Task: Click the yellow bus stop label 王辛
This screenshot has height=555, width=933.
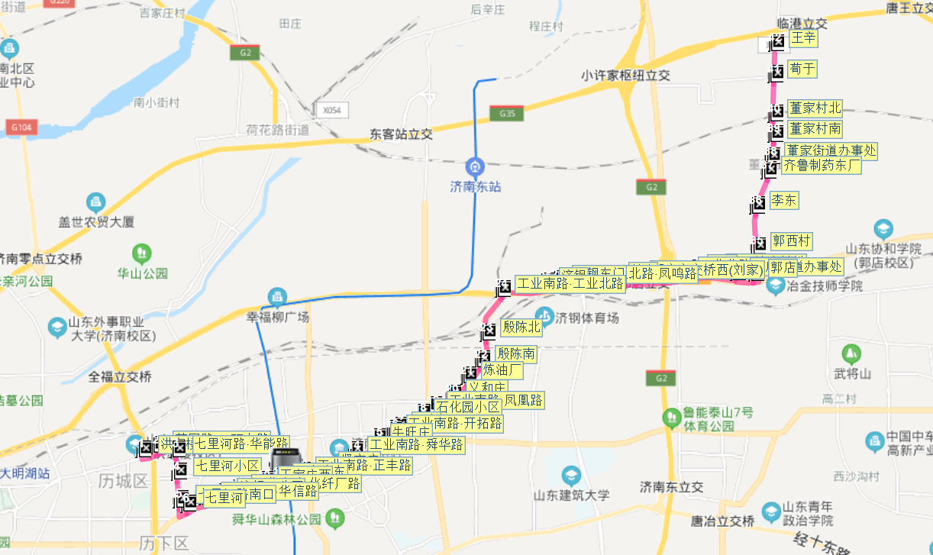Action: tap(803, 38)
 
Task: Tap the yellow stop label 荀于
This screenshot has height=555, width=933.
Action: tap(803, 69)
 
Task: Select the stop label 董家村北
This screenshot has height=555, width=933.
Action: tap(815, 108)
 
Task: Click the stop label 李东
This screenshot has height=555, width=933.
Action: tap(783, 201)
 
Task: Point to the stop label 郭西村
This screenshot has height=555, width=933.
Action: tap(791, 241)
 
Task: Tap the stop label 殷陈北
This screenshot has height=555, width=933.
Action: tap(521, 328)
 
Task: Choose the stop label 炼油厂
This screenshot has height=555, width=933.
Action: tap(502, 370)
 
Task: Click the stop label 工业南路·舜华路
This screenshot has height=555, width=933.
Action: tap(416, 444)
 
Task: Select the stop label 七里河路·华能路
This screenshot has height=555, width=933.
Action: tap(241, 444)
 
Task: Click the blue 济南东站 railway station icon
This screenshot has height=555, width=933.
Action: tap(475, 166)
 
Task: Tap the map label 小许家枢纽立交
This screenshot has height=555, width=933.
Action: tap(625, 75)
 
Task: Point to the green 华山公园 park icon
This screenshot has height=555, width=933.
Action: tap(141, 253)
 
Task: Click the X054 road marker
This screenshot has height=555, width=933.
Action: tap(331, 110)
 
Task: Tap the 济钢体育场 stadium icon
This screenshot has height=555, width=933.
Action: tap(544, 315)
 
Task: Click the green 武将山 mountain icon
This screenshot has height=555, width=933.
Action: tap(850, 354)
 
